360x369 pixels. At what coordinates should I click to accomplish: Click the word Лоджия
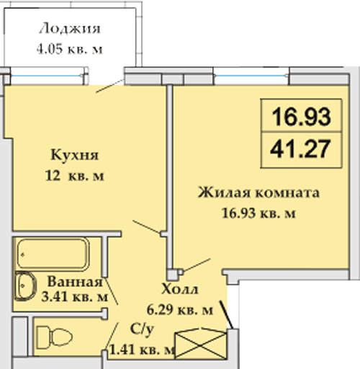70,29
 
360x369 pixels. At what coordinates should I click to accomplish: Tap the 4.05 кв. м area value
70,49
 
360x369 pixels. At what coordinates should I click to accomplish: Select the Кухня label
75,155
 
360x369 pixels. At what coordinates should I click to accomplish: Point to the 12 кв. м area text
75,176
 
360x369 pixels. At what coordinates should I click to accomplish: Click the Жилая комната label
258,192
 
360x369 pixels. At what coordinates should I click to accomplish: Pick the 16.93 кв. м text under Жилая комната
258,213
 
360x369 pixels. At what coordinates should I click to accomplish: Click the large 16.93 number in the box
301,117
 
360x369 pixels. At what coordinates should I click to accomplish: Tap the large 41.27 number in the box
300,149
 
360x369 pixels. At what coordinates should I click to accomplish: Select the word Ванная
75,281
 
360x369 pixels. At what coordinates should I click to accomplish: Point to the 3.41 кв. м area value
75,297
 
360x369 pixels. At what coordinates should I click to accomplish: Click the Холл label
180,289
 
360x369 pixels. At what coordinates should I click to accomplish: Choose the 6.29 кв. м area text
180,310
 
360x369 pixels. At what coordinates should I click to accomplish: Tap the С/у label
142,330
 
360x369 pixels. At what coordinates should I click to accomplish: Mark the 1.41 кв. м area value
142,350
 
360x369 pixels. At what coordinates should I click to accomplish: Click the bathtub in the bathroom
53,254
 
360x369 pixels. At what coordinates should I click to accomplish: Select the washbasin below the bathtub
25,286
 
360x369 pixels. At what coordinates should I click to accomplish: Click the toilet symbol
54,337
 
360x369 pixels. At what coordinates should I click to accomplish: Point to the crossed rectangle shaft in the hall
201,344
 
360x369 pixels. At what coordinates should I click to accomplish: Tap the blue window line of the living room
251,76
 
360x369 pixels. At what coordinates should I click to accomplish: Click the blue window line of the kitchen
47,76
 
